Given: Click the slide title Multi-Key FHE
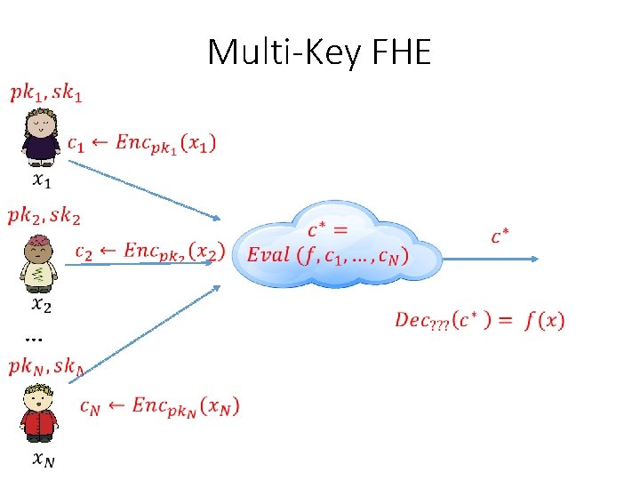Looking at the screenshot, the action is coord(319,53).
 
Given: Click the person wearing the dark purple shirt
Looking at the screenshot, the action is coord(40,138).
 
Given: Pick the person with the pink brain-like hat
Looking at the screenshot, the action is coord(39,263).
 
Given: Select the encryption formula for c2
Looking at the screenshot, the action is coord(149,252).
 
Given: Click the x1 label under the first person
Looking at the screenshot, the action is coord(41,180).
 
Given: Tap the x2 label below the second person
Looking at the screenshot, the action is coord(41,306).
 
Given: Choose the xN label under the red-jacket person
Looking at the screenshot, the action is coord(43,460).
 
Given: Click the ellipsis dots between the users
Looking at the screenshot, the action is coord(34,338).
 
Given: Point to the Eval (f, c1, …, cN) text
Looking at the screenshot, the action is coord(328,255).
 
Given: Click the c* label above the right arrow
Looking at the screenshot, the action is coord(500,236).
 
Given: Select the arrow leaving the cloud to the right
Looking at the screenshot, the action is coord(489,259).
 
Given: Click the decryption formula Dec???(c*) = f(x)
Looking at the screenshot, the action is coord(479,320).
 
